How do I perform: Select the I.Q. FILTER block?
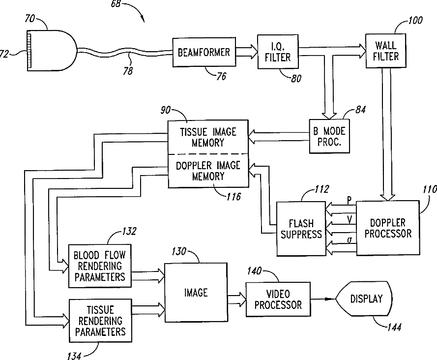278,52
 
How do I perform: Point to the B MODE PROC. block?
329,137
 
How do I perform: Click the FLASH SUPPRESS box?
301,229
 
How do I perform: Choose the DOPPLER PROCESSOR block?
388,228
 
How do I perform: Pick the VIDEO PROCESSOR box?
278,299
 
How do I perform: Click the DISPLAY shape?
365,299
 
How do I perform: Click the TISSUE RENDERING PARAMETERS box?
100,321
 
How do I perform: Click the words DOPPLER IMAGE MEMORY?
208,170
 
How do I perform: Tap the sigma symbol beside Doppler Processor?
349,240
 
